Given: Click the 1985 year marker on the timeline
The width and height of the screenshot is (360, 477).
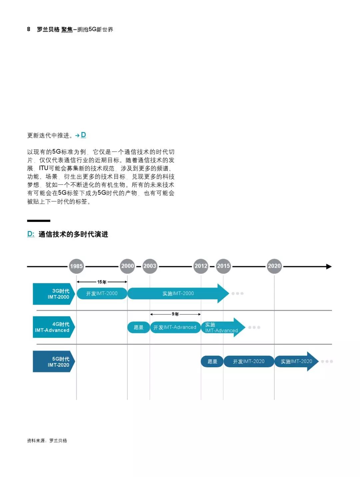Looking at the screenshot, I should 76,266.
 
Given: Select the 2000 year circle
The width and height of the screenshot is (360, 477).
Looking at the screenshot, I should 127,266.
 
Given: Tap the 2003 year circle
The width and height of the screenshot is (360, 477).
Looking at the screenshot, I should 150,266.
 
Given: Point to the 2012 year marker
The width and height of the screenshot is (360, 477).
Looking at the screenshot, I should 201,266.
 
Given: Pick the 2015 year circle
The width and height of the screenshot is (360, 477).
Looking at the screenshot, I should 223,266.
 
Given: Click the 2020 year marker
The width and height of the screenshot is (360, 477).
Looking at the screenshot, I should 274,266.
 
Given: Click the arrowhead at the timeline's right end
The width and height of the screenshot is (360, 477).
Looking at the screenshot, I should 329,266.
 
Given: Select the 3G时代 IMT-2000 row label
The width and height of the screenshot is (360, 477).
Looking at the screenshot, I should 53,294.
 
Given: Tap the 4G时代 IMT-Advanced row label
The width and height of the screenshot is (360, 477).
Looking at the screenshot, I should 53,327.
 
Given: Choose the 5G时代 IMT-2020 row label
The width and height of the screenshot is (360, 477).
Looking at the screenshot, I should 53,362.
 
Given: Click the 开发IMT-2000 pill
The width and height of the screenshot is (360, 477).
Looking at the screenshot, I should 102,293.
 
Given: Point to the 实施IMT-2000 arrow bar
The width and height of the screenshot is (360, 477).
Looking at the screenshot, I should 178,293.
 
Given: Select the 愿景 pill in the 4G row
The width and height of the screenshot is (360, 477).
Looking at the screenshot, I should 138,327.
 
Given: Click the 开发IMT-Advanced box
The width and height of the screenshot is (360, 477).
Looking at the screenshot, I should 175,327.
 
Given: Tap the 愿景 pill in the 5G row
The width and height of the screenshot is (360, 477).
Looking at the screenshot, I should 212,361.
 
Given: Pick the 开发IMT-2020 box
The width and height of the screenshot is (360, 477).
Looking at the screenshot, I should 249,361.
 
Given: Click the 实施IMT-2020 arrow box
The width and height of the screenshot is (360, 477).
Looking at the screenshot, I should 296,361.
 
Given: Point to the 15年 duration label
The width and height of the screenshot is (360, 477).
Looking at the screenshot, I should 102,282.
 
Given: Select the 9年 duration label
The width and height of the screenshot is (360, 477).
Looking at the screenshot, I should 175,314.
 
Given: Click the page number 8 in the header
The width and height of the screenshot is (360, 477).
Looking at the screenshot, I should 29,29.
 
